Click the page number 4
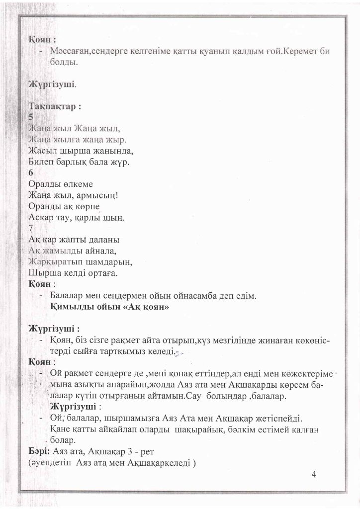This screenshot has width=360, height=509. pyautogui.click(x=314, y=473)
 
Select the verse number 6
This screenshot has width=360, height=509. pyautogui.click(x=31, y=173)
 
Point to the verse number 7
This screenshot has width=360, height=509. pyautogui.click(x=31, y=228)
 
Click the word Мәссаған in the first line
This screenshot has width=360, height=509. pyautogui.click(x=71, y=52)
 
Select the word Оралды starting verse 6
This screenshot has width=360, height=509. pyautogui.click(x=46, y=184)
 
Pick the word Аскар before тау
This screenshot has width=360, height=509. pyautogui.click(x=43, y=217)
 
